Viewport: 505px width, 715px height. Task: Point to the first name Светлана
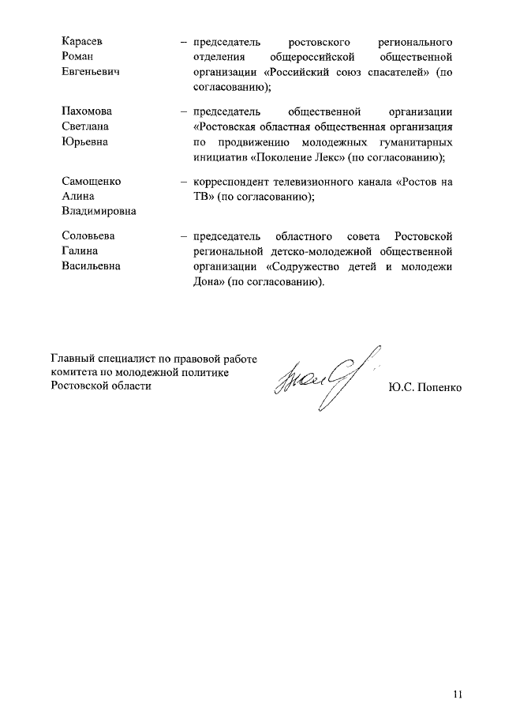(87, 126)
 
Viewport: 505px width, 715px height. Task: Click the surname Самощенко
(92, 181)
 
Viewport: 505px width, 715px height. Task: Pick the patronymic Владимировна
(99, 212)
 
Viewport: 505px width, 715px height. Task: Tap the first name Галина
(82, 251)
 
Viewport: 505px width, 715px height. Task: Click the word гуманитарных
(417, 142)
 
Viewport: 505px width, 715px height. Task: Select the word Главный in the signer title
(72, 359)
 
